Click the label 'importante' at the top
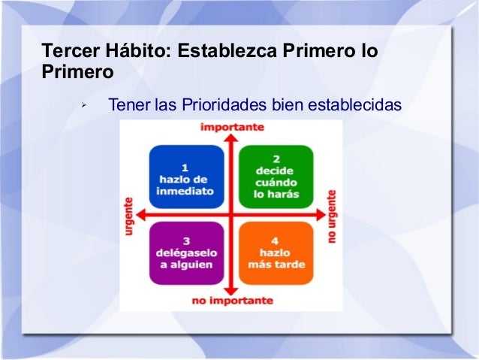[232, 127]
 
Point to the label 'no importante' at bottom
[232, 301]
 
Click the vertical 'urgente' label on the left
[129, 218]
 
